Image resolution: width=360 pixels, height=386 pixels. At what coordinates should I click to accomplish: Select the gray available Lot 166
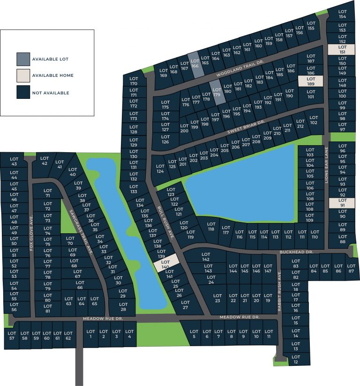coord(195,64)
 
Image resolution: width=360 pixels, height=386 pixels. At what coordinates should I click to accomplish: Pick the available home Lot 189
coord(311,81)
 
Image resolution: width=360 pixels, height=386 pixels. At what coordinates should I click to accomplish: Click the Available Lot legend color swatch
coord(23,59)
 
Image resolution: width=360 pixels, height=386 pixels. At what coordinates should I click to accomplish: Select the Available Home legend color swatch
coord(23,75)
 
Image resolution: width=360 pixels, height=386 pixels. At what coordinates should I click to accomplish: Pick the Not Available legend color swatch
coord(23,92)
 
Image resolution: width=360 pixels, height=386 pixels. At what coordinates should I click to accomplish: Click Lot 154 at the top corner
coord(342,14)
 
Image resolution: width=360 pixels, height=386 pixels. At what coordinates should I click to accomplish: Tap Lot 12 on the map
coord(295,359)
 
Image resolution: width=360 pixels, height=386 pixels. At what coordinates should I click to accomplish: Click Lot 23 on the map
coord(217,298)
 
